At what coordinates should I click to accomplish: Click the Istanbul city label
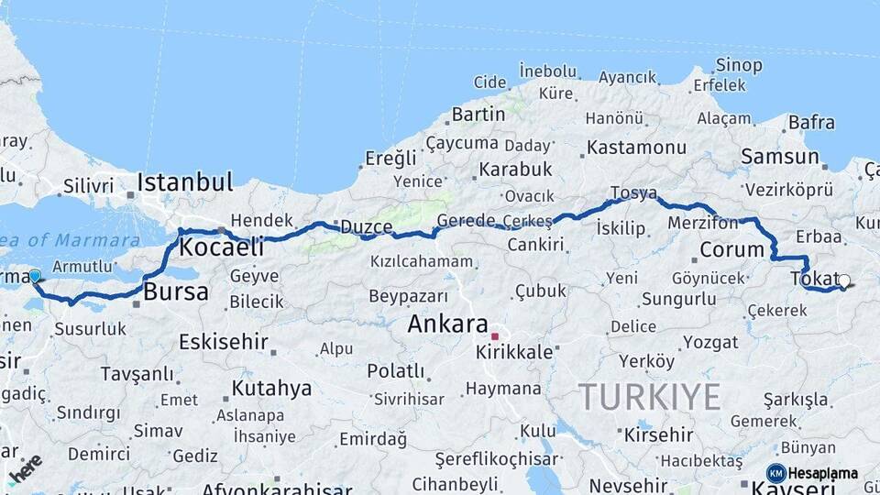click(185, 182)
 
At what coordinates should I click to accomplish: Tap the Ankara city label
click(447, 324)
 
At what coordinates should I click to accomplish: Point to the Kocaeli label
click(221, 247)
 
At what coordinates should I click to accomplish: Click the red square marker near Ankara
click(494, 336)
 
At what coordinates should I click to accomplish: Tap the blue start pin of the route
click(35, 276)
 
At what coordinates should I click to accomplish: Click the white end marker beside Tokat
click(844, 282)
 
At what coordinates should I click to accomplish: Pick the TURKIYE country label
click(648, 397)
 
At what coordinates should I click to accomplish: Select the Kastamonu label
click(636, 148)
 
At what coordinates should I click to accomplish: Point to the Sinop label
click(738, 65)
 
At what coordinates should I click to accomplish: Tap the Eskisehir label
click(223, 343)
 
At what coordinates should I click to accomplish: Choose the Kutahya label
click(271, 389)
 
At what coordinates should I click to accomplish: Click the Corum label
click(731, 249)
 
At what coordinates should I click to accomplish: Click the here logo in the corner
click(25, 469)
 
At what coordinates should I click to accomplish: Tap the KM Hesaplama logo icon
click(775, 473)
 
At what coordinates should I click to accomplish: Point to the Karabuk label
click(515, 170)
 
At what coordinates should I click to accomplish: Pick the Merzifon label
click(703, 224)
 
